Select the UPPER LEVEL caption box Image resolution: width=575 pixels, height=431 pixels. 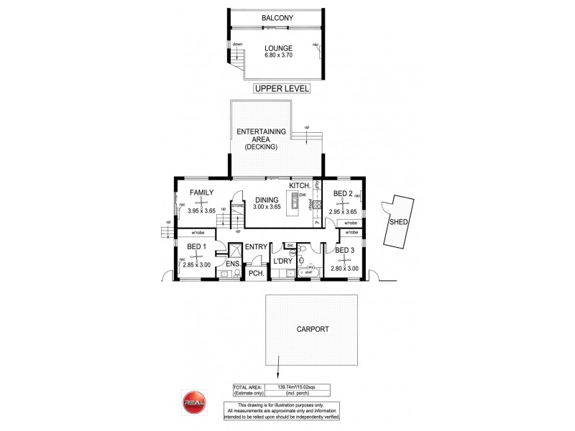tap(280, 90)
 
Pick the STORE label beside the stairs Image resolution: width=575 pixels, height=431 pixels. tap(238, 205)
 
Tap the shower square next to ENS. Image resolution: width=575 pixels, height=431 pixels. tap(234, 249)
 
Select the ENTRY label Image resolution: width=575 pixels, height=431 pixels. tap(256, 248)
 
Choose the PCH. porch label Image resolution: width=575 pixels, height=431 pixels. tap(254, 274)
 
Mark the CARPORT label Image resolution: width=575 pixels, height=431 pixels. tap(312, 330)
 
